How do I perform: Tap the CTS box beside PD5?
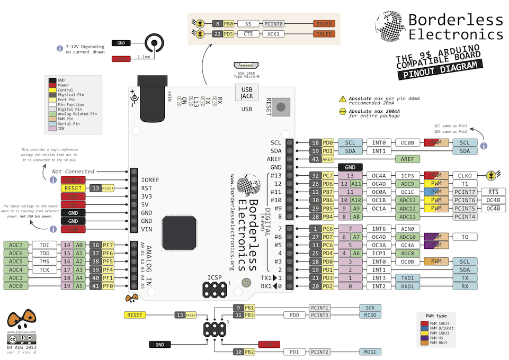pyautogui.click(x=248, y=34)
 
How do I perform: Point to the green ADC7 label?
pyautogui.click(x=16, y=245)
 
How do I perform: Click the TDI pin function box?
pyautogui.click(x=44, y=245)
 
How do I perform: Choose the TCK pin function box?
pyautogui.click(x=44, y=270)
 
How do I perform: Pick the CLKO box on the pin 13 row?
pyautogui.click(x=465, y=176)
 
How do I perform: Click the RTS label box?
pyautogui.click(x=493, y=192)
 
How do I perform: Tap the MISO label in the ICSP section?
pyautogui.click(x=370, y=316)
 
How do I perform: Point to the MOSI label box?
pyautogui.click(x=370, y=352)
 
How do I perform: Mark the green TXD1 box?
pyautogui.click(x=408, y=278)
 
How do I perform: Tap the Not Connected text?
pyautogui.click(x=73, y=172)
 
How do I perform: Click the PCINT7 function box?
pyautogui.click(x=465, y=192)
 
